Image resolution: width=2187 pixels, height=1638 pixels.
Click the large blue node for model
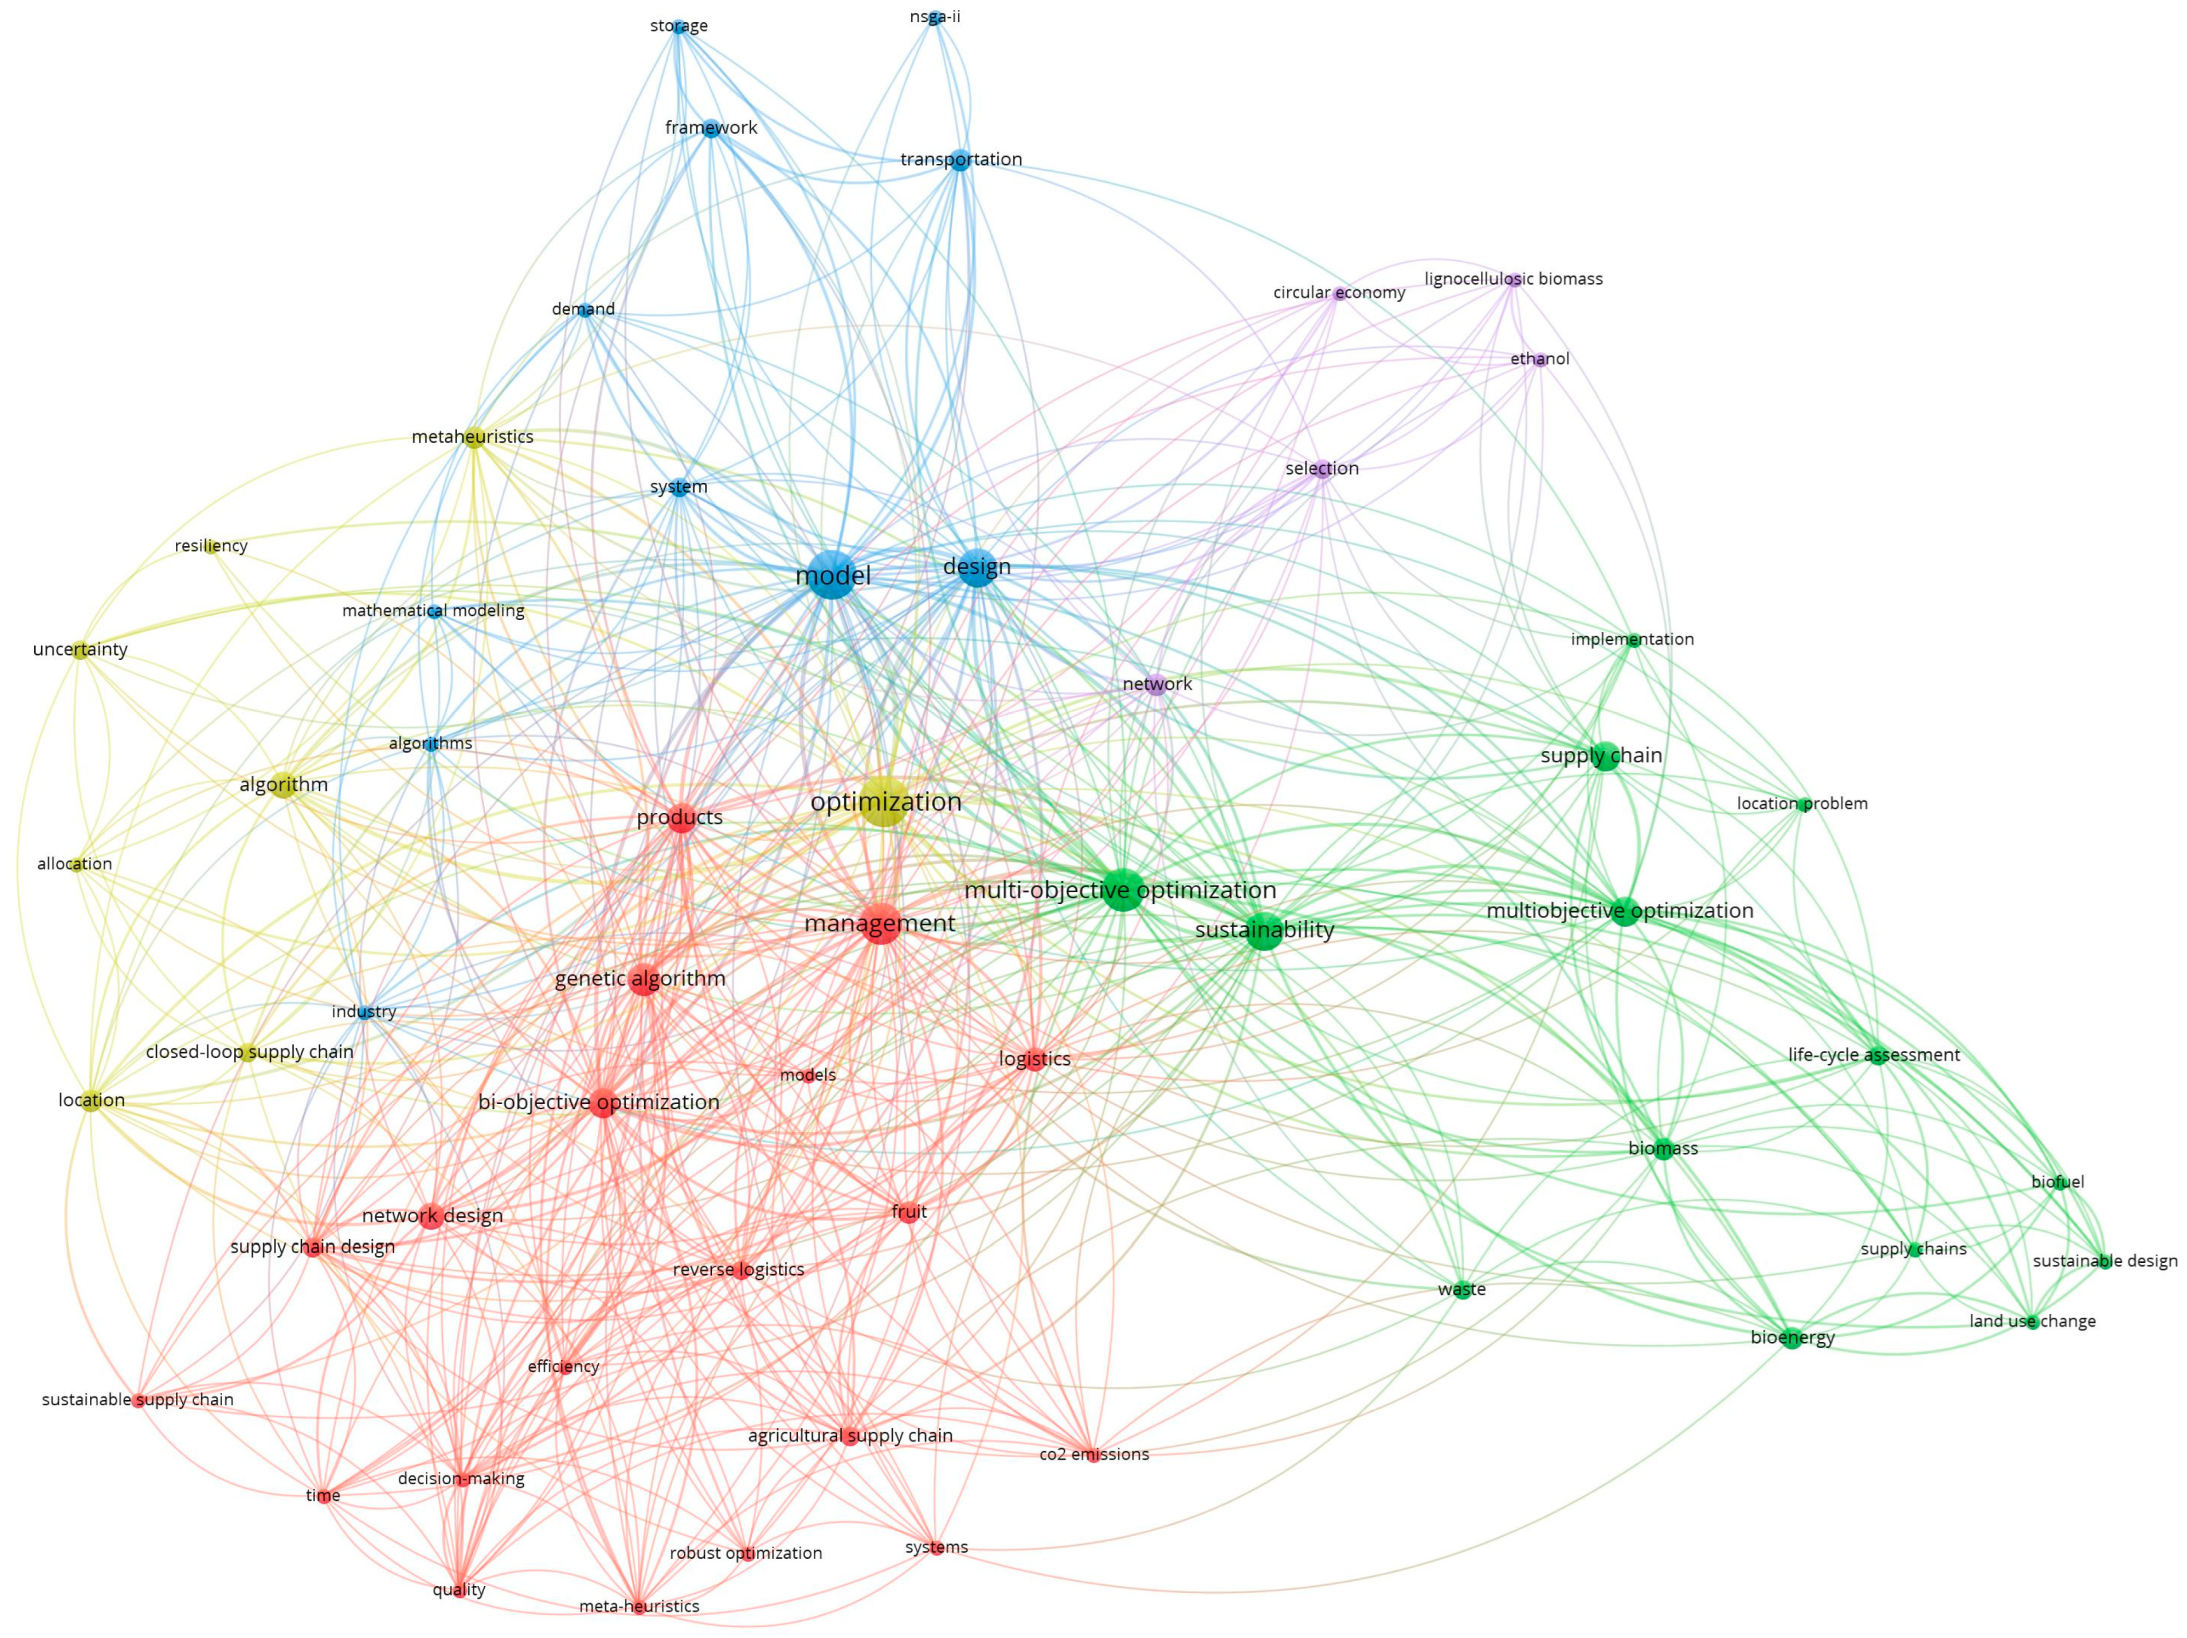pyautogui.click(x=833, y=575)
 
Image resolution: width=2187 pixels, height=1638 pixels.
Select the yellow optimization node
pyautogui.click(x=886, y=802)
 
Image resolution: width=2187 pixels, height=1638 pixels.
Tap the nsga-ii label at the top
pyautogui.click(x=934, y=17)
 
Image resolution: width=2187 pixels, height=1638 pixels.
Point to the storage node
pyautogui.click(x=678, y=27)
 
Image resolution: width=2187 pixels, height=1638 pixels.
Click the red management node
pyautogui.click(x=880, y=923)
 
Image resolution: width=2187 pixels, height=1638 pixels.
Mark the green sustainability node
pyautogui.click(x=1264, y=930)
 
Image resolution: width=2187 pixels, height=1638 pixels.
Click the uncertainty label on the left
pyautogui.click(x=80, y=650)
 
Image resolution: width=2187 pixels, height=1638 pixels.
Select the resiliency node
pyautogui.click(x=211, y=545)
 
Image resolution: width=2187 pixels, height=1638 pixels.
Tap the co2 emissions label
pyautogui.click(x=1093, y=1454)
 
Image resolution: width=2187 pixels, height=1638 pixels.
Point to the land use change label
pyautogui.click(x=2032, y=1322)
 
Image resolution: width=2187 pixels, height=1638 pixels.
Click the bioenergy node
pyautogui.click(x=1791, y=1339)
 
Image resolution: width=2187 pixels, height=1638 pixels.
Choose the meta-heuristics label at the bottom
pyautogui.click(x=639, y=1606)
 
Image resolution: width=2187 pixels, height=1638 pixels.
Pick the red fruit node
pyautogui.click(x=909, y=1212)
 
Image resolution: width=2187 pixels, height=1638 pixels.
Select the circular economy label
pyautogui.click(x=1338, y=292)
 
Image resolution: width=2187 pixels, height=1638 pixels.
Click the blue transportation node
pyautogui.click(x=960, y=160)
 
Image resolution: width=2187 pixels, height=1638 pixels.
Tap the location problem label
pyautogui.click(x=1802, y=803)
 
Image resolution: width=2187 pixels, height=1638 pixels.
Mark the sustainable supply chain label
pyautogui.click(x=137, y=1399)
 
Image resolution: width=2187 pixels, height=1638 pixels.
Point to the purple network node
pyautogui.click(x=1157, y=684)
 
